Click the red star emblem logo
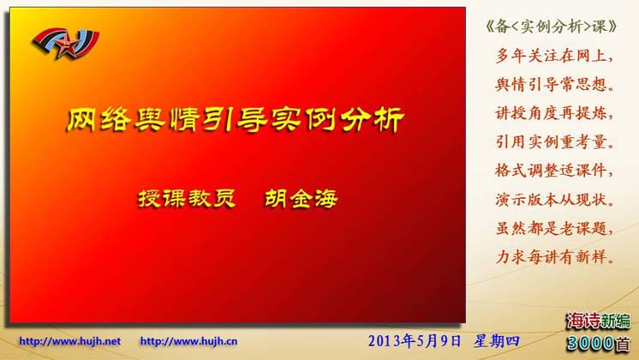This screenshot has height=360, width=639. pyautogui.click(x=66, y=43)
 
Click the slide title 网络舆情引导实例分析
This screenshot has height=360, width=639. pyautogui.click(x=236, y=120)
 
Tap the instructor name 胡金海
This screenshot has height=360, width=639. pyautogui.click(x=302, y=199)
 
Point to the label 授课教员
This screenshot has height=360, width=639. pyautogui.click(x=187, y=199)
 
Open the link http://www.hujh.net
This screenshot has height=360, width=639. pyautogui.click(x=69, y=341)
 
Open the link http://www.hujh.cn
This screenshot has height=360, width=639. pyautogui.click(x=188, y=341)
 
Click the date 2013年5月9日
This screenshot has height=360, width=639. pyautogui.click(x=415, y=341)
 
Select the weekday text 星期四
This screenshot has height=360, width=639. pyautogui.click(x=496, y=341)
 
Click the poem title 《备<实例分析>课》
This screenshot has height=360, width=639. pyautogui.click(x=551, y=27)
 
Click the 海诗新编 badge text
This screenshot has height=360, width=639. pyautogui.click(x=599, y=321)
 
